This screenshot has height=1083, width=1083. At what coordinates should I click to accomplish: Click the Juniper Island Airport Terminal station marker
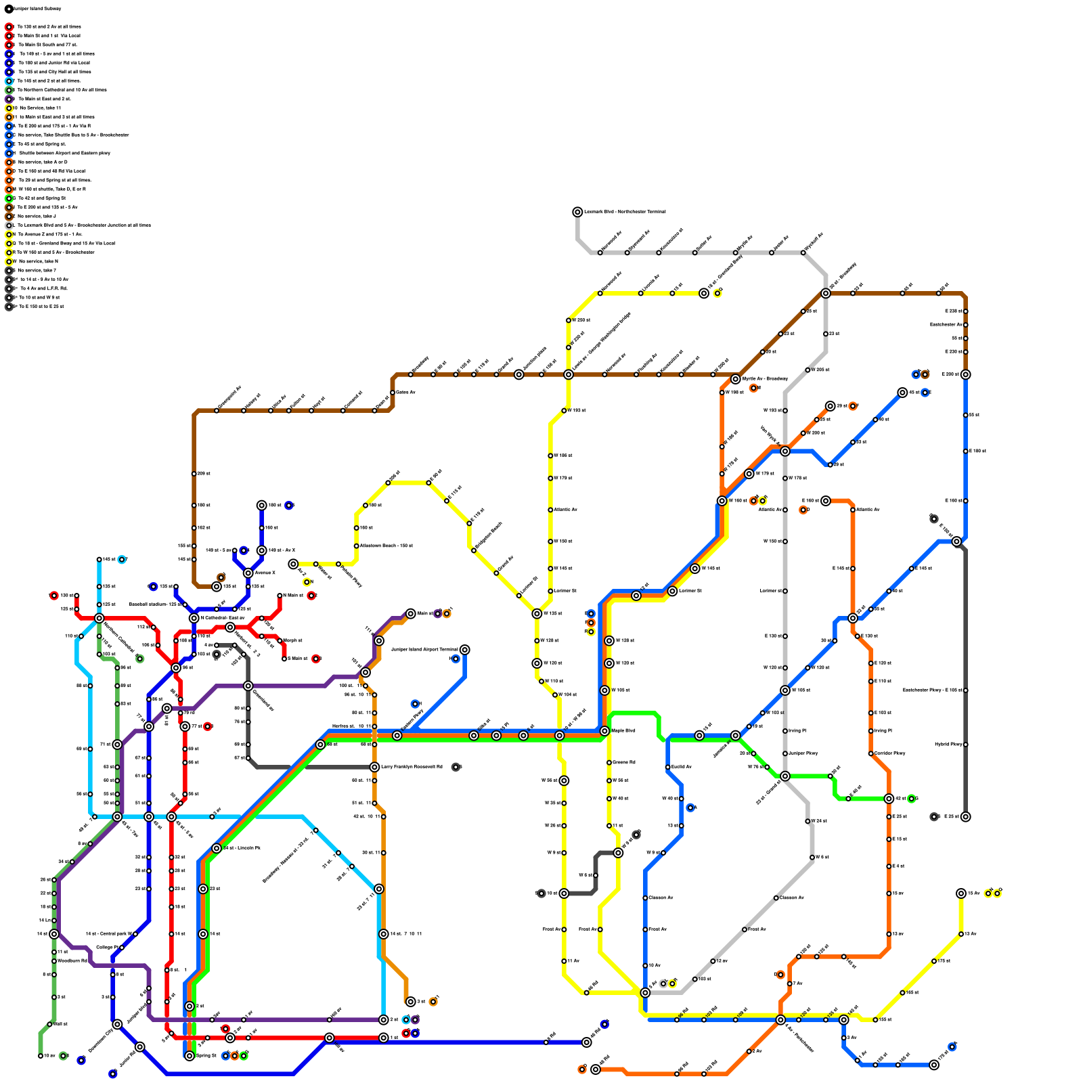(x=464, y=650)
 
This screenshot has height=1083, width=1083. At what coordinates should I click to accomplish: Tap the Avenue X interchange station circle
(x=248, y=573)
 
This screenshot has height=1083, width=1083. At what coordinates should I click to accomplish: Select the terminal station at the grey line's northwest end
(x=577, y=212)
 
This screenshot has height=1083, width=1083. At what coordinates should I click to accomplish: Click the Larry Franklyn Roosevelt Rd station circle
(x=374, y=767)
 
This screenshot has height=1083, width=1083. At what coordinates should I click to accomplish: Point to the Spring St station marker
(x=190, y=1056)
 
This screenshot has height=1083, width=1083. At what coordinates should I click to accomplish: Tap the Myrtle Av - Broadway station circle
(x=736, y=379)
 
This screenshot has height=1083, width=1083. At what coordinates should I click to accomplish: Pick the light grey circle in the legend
(x=9, y=225)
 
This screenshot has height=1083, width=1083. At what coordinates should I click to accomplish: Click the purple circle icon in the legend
(x=9, y=99)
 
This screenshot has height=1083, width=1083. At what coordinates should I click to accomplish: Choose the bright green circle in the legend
(x=9, y=198)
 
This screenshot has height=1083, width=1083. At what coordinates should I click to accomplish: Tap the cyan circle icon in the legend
(x=9, y=81)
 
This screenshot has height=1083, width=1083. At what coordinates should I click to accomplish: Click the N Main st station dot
(x=280, y=596)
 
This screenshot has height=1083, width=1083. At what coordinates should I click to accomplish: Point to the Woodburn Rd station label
(x=72, y=961)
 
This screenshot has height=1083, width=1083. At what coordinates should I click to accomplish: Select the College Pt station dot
(x=122, y=948)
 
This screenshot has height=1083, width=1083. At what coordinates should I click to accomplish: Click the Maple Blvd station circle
(x=604, y=731)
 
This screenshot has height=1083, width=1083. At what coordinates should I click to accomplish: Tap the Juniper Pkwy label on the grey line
(x=803, y=753)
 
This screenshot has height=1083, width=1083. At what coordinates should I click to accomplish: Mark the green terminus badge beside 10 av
(x=63, y=1056)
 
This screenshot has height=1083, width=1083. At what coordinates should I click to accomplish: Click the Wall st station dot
(x=49, y=1024)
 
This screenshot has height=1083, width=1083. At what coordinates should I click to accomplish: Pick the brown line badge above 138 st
(x=221, y=577)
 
